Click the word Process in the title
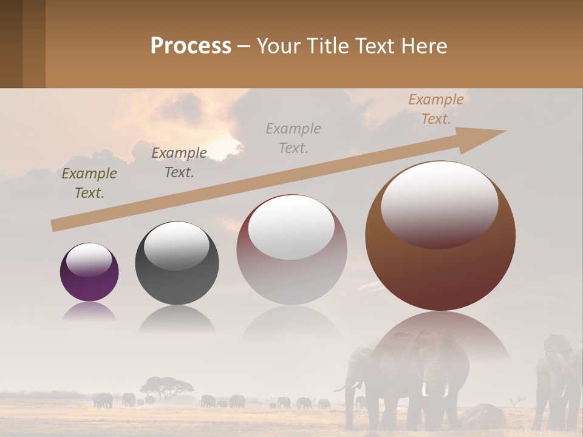(x=191, y=46)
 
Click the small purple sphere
(x=89, y=272)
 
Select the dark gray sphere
(x=177, y=263)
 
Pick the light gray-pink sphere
(x=291, y=249)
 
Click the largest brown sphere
(x=440, y=236)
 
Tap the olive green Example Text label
(x=89, y=183)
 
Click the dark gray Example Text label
(x=179, y=163)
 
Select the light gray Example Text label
(x=293, y=138)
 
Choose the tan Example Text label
(x=436, y=109)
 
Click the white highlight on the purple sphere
(x=89, y=259)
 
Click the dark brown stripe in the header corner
(x=11, y=44)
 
